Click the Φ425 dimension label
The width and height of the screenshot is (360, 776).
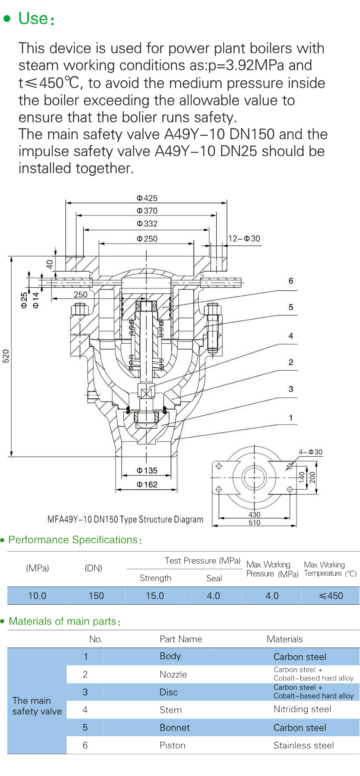[147, 198]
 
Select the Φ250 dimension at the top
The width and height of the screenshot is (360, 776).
[147, 239]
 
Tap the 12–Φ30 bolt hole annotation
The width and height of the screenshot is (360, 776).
[244, 238]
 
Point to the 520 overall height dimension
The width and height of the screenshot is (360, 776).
[6, 356]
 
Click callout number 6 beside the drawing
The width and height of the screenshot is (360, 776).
[291, 281]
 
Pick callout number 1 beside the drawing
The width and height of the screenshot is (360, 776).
[291, 418]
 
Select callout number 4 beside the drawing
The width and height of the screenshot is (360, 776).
[291, 336]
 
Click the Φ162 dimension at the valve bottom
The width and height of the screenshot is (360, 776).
[147, 484]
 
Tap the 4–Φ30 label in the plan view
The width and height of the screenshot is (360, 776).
[311, 452]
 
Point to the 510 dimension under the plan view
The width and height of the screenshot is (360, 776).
[254, 523]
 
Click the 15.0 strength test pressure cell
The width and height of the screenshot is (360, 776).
[155, 596]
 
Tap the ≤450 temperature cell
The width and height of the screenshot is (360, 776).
[331, 596]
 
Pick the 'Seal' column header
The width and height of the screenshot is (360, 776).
[214, 578]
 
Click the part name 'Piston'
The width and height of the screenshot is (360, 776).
[173, 745]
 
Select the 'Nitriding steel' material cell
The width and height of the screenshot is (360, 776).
[302, 709]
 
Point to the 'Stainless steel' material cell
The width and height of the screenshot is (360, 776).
[304, 745]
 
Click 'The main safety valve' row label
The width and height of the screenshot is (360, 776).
[37, 706]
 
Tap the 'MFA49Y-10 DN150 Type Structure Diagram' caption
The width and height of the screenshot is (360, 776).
[125, 519]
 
